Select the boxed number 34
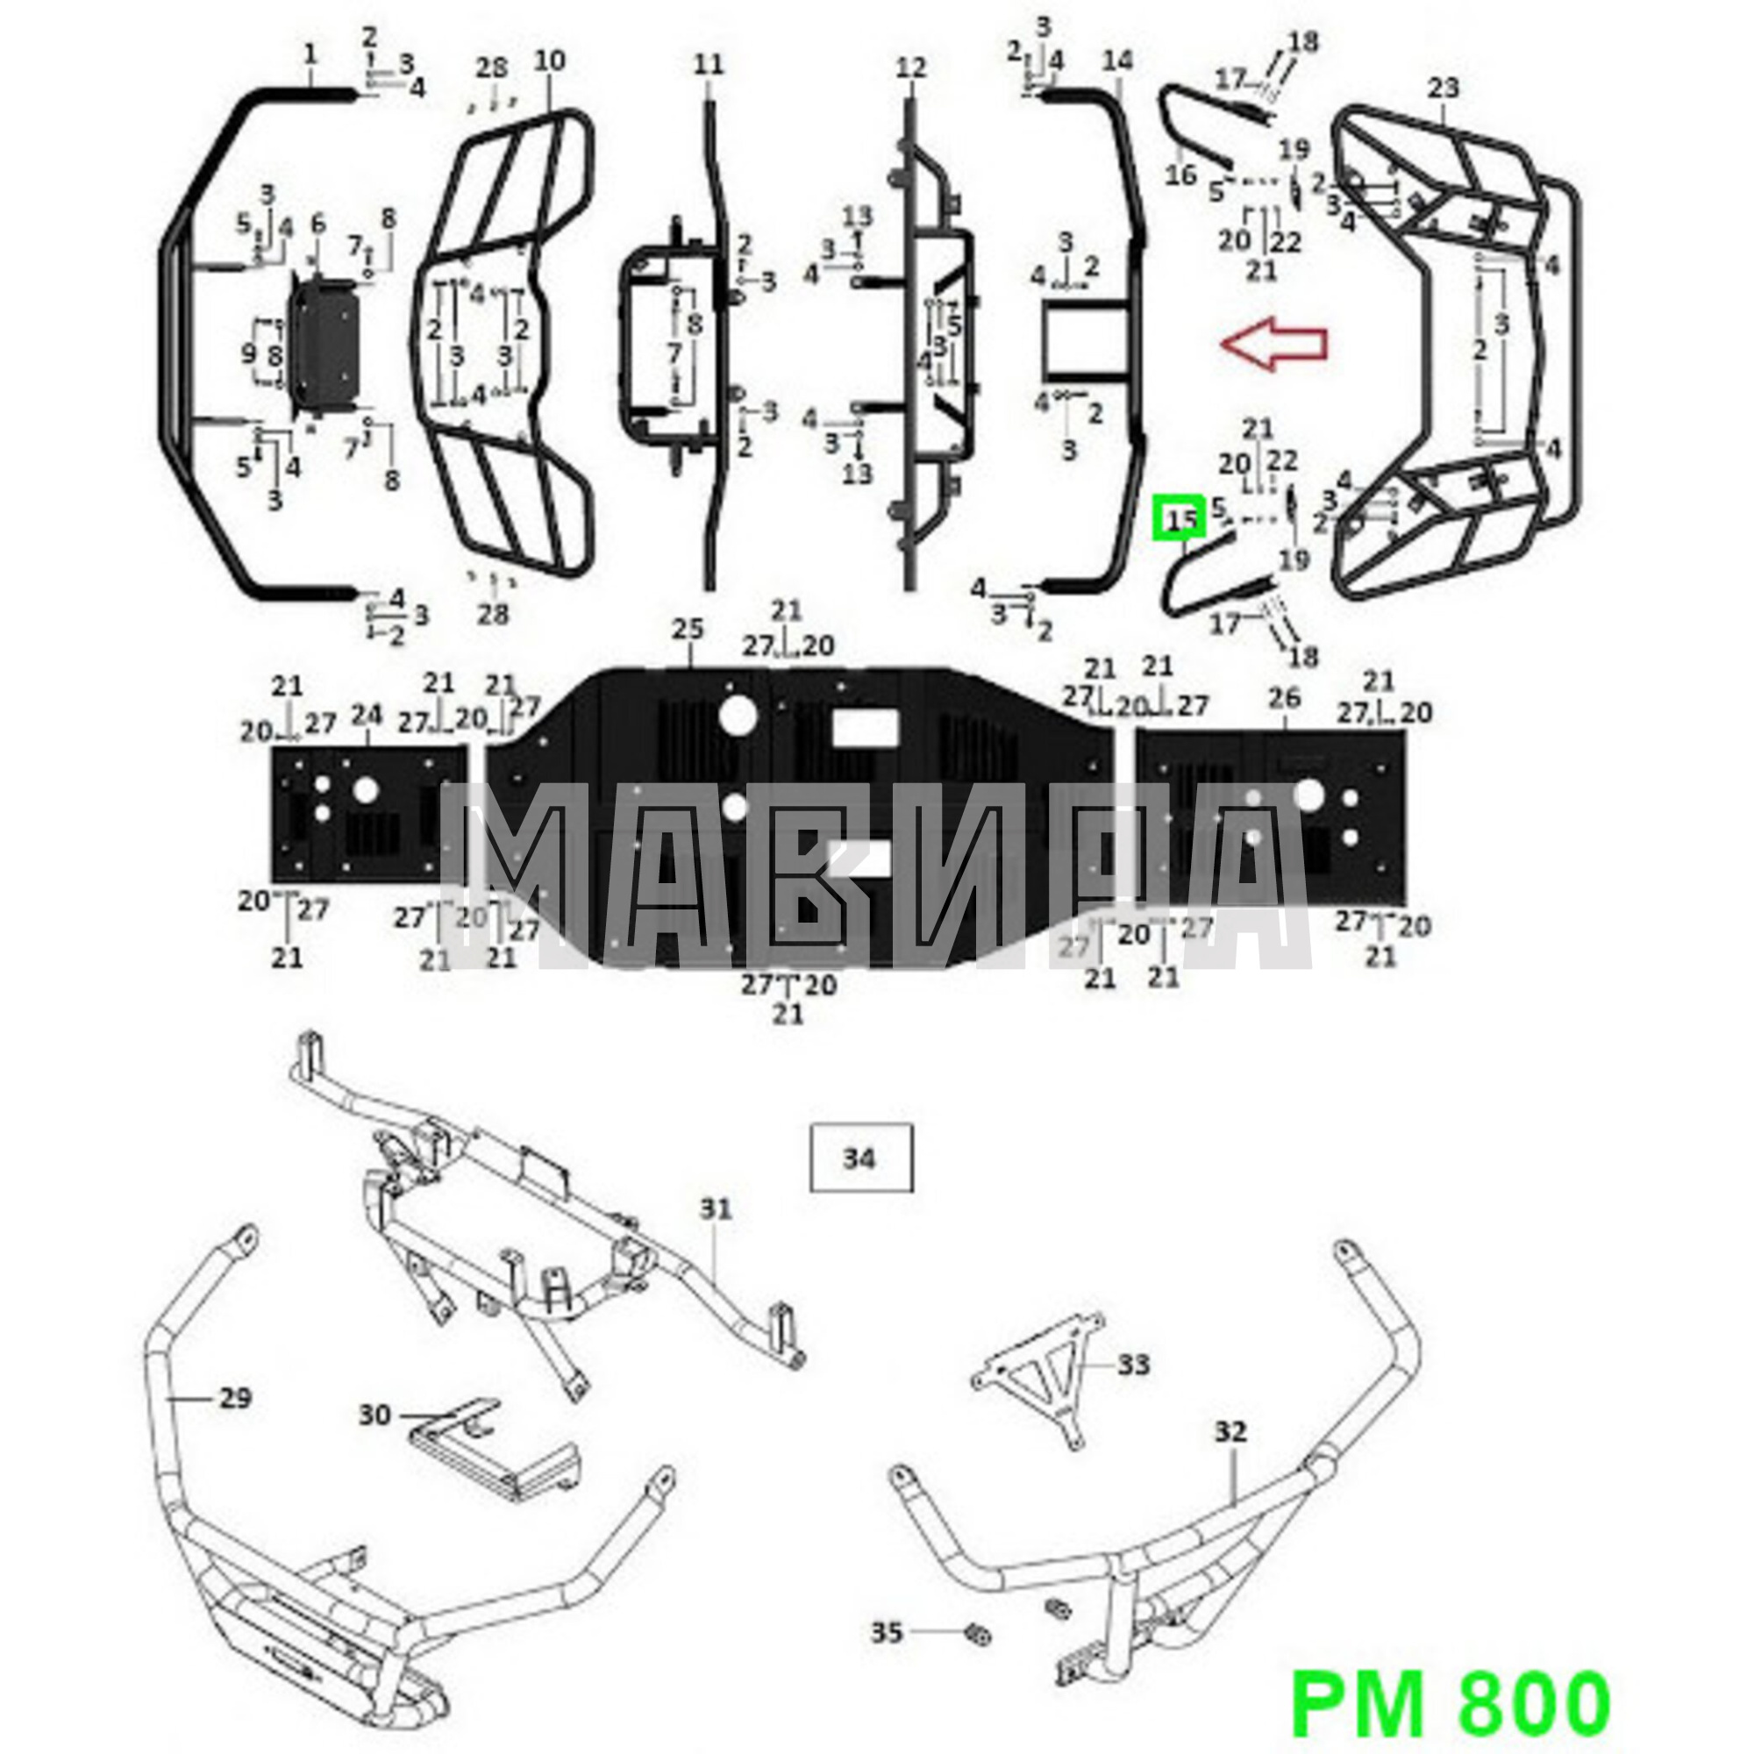click(x=859, y=1159)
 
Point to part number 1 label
click(x=310, y=53)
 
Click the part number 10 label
click(x=549, y=61)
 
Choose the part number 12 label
click(x=910, y=68)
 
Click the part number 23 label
click(x=1443, y=88)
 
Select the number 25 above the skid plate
click(x=688, y=629)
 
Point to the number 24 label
click(x=367, y=716)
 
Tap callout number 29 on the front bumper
click(x=234, y=1398)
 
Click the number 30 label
click(x=375, y=1441)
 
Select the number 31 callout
click(x=716, y=1209)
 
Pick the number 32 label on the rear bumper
click(x=1230, y=1432)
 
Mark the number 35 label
click(x=887, y=1632)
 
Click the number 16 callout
click(x=1181, y=174)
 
